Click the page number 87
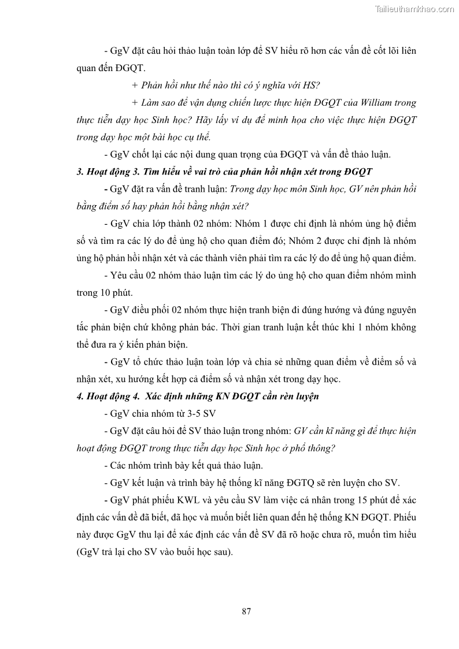pyautogui.click(x=246, y=611)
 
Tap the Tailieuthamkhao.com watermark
pyautogui.click(x=414, y=9)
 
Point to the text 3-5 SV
pyautogui.click(x=198, y=414)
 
